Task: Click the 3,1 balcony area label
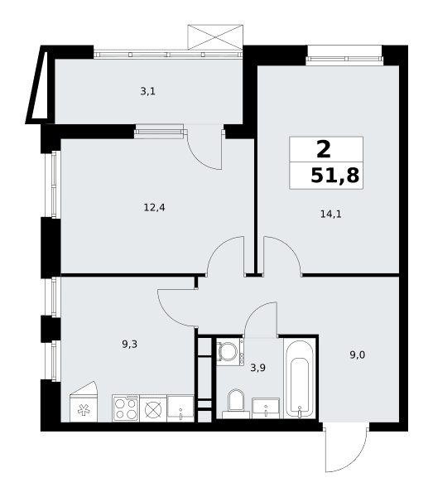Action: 147,92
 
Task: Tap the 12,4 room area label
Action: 154,208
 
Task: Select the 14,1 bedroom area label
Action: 330,215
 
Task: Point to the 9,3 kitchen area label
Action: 129,345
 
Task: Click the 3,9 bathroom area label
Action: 257,368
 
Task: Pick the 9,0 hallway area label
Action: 358,355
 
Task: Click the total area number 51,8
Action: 334,176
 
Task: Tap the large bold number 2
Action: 324,149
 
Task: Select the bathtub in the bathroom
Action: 300,379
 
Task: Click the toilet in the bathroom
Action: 236,403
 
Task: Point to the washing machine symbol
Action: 230,352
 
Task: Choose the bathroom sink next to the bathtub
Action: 266,408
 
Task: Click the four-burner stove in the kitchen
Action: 126,408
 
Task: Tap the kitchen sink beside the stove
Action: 180,408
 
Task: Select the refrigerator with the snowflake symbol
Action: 84,402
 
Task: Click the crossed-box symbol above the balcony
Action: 215,37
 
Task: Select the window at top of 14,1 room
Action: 344,59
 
